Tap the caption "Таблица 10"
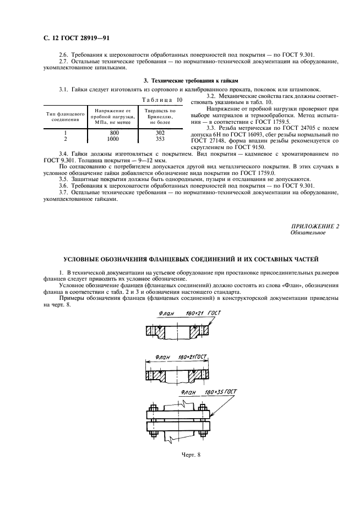(x=161, y=100)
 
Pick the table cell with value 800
(x=114, y=133)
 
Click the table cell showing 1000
(x=113, y=139)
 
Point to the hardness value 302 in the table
(x=160, y=133)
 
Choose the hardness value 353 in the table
(x=160, y=139)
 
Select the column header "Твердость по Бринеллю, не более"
(x=160, y=116)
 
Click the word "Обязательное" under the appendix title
(x=308, y=233)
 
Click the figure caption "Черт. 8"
(x=191, y=454)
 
